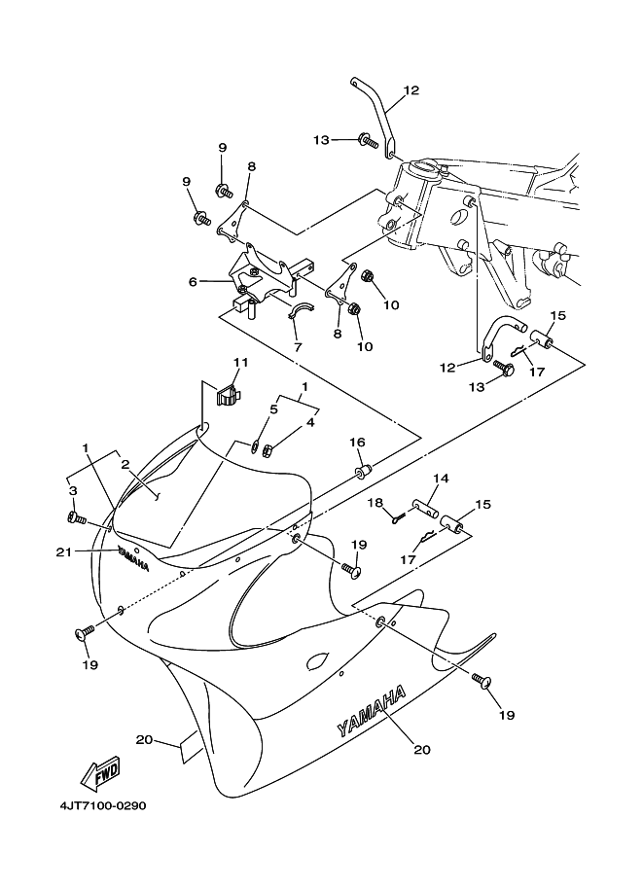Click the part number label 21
click(64, 551)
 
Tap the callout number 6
click(193, 281)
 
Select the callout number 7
click(297, 345)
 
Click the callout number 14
click(441, 479)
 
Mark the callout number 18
click(374, 502)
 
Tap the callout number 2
click(125, 465)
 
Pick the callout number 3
click(72, 491)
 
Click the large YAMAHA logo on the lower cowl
click(371, 712)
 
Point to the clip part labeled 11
click(226, 395)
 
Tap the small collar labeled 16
click(362, 473)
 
